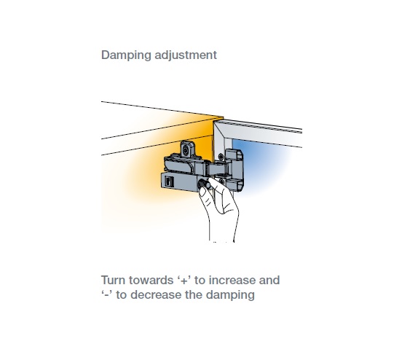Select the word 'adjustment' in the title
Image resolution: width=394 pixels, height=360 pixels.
(186, 55)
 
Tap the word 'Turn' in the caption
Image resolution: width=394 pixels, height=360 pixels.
(113, 280)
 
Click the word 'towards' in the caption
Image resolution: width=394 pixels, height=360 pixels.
(151, 280)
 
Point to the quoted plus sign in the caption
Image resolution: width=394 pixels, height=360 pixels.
(184, 280)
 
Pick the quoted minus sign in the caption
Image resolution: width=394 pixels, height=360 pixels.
(106, 294)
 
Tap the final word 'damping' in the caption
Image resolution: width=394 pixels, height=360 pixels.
(230, 295)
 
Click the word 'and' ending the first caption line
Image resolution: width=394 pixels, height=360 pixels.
(269, 280)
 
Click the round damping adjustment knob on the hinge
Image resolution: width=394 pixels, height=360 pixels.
(204, 184)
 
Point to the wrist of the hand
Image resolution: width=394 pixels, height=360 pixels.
(222, 234)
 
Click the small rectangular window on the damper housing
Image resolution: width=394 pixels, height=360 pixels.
(169, 181)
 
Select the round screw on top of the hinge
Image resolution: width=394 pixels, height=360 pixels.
(186, 151)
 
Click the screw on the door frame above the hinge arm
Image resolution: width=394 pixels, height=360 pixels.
(221, 157)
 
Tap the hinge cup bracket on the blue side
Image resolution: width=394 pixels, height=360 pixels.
(235, 171)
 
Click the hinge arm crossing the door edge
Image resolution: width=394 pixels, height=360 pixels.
(216, 168)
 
